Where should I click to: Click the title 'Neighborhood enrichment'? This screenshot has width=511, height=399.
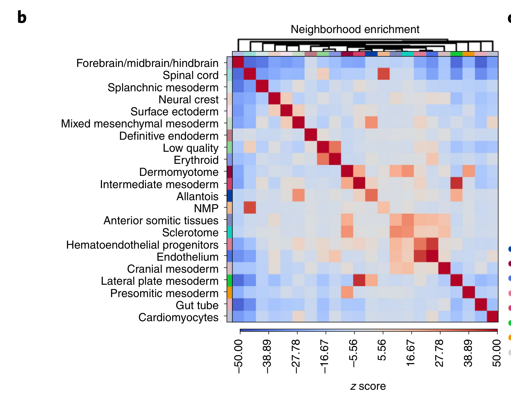point(355,29)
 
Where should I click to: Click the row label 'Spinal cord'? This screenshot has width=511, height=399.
point(191,75)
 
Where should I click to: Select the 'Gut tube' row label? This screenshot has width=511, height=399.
point(197,305)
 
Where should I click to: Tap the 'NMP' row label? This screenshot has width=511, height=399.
point(206,209)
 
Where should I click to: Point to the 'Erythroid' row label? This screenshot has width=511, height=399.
point(196,160)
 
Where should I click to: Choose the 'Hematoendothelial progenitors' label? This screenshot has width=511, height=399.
point(142,245)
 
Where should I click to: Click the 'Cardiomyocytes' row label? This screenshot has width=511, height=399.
point(178,318)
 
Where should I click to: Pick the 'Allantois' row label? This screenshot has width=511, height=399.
point(197,197)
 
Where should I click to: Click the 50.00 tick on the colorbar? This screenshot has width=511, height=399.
point(497,353)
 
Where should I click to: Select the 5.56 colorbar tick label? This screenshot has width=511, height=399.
point(382,350)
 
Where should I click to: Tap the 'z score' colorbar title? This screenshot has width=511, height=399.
point(368,386)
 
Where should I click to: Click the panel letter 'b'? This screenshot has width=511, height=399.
point(22,17)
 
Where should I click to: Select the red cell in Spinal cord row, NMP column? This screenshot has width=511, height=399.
point(384,74)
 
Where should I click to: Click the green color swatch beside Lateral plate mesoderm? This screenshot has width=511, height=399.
point(229,280)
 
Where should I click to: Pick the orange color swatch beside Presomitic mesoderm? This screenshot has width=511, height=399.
point(229,293)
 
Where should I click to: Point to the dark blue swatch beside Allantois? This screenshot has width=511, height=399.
point(229,196)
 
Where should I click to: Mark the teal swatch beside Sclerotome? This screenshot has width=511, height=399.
point(229,232)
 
